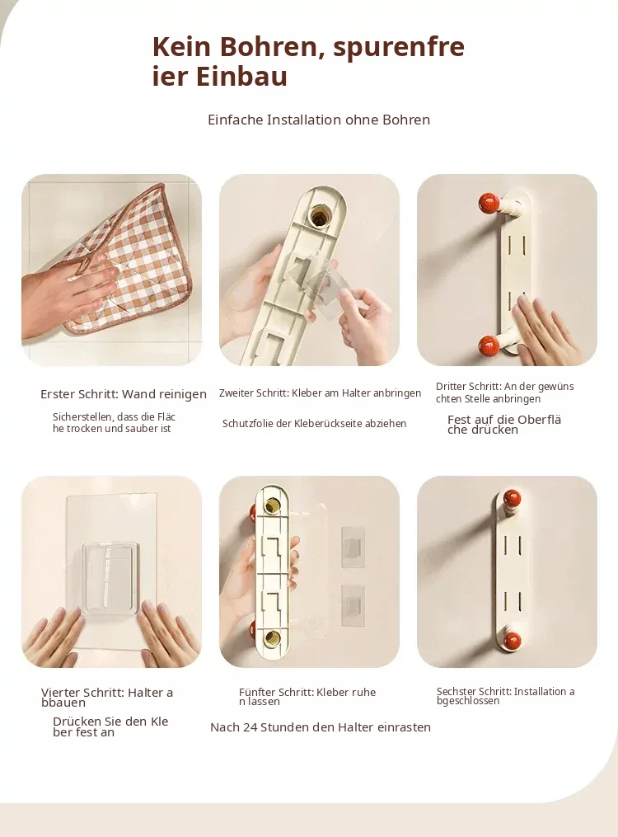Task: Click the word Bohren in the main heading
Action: click(x=269, y=46)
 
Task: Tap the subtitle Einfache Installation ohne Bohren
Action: click(x=319, y=120)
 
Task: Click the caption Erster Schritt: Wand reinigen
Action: click(x=124, y=394)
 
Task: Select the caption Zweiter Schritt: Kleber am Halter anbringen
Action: click(x=320, y=393)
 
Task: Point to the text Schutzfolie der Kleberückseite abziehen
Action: click(x=314, y=423)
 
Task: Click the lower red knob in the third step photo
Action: click(x=489, y=346)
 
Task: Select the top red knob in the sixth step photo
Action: click(x=512, y=499)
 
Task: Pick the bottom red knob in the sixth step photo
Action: click(x=513, y=639)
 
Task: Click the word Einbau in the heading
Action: click(x=241, y=75)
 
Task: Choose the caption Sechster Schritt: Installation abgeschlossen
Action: click(x=505, y=696)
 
